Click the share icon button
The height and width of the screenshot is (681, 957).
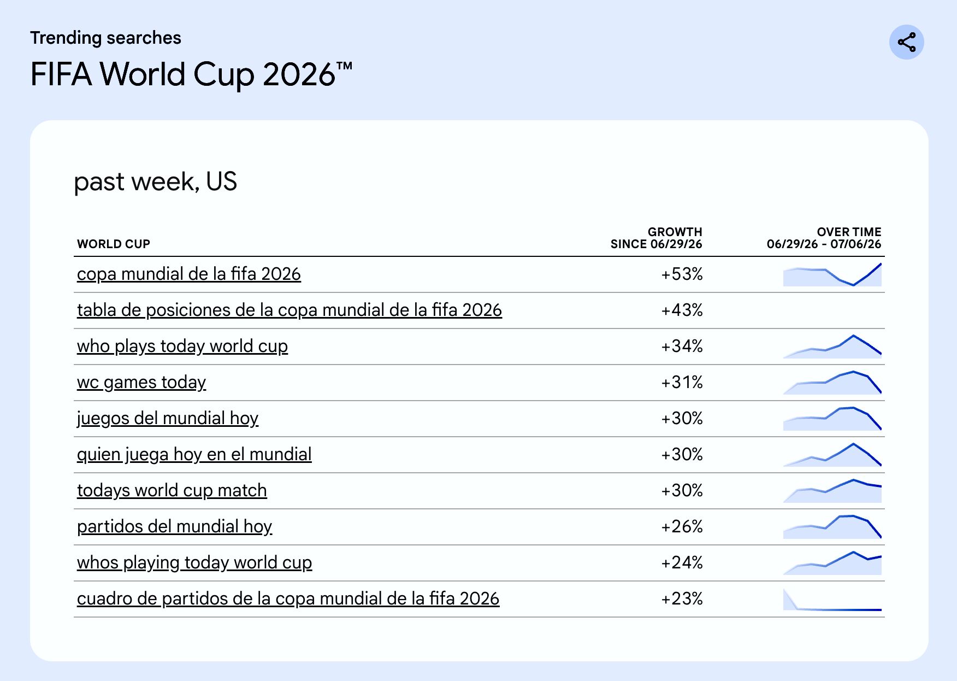[906, 42]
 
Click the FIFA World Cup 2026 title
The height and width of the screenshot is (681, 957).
[191, 74]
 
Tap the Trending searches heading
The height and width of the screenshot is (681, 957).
[105, 38]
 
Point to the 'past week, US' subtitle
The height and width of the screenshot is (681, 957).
[156, 181]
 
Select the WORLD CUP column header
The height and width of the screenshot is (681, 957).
[114, 244]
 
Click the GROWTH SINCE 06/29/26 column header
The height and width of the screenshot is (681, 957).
[656, 238]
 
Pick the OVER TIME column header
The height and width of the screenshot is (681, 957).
[824, 238]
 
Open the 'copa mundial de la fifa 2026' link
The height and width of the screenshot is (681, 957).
[189, 274]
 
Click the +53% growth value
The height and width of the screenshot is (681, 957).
[682, 274]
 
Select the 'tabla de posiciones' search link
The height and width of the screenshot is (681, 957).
[290, 310]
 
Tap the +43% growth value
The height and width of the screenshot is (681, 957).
[682, 310]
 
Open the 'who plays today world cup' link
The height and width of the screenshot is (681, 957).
[182, 346]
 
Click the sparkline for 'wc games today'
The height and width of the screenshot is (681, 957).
[832, 383]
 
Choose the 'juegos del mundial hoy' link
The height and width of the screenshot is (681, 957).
[168, 418]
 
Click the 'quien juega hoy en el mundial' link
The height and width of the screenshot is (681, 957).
[194, 454]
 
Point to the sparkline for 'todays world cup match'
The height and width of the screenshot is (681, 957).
[832, 491]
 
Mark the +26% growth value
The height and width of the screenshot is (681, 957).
[682, 526]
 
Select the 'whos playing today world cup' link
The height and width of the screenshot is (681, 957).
[194, 562]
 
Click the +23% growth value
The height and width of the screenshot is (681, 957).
[682, 598]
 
